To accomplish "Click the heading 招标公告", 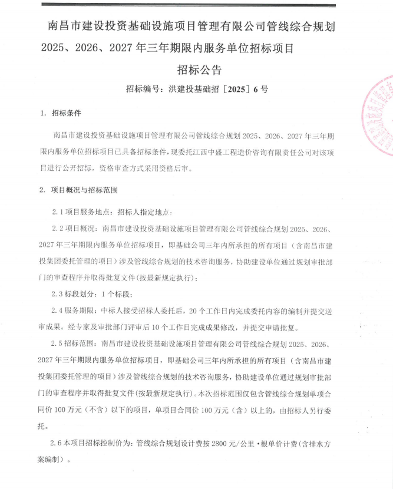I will coord(199,70).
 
